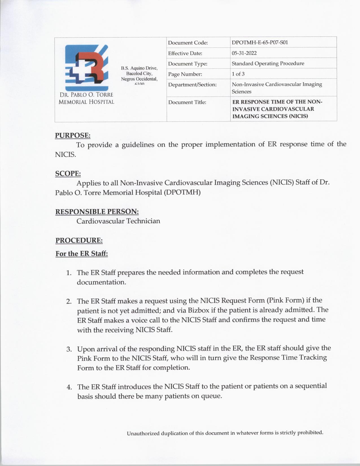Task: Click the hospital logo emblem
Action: tap(86, 68)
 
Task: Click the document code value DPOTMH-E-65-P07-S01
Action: tap(259, 43)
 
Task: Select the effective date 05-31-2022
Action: tap(244, 53)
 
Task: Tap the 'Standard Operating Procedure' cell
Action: tap(268, 64)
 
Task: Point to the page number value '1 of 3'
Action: tap(238, 74)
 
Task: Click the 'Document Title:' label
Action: tap(187, 102)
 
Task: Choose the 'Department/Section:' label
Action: tap(192, 84)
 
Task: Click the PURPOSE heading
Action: tap(73, 135)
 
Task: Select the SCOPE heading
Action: tap(68, 173)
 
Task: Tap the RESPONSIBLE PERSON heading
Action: tap(97, 212)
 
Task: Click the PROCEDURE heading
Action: tap(79, 240)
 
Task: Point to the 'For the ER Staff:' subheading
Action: tap(82, 254)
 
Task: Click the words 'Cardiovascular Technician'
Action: tap(118, 221)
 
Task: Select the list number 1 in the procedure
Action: tap(68, 273)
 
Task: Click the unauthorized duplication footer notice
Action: tap(225, 433)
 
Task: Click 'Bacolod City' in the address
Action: tap(139, 73)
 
